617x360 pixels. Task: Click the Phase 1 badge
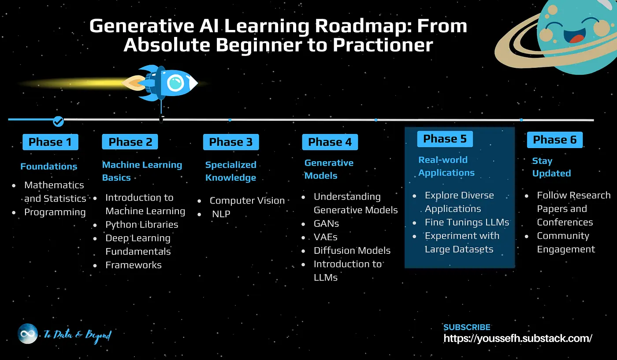(50, 142)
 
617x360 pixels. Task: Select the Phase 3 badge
(231, 142)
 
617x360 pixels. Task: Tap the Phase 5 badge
(445, 139)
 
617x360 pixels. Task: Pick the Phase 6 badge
(555, 140)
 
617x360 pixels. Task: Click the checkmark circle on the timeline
(58, 121)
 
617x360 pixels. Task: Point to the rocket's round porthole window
(175, 83)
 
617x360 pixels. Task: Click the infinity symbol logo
(27, 334)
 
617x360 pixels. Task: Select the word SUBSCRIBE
(467, 327)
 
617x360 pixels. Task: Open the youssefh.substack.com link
(517, 338)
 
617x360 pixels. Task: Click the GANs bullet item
(326, 224)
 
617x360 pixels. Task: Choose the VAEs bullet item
(326, 237)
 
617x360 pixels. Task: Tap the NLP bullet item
(221, 214)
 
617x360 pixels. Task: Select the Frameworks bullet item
(134, 265)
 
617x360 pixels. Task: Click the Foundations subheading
(49, 167)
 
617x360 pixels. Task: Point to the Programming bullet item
(55, 212)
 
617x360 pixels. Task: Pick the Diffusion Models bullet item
(352, 251)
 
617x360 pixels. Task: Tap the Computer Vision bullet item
(247, 200)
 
